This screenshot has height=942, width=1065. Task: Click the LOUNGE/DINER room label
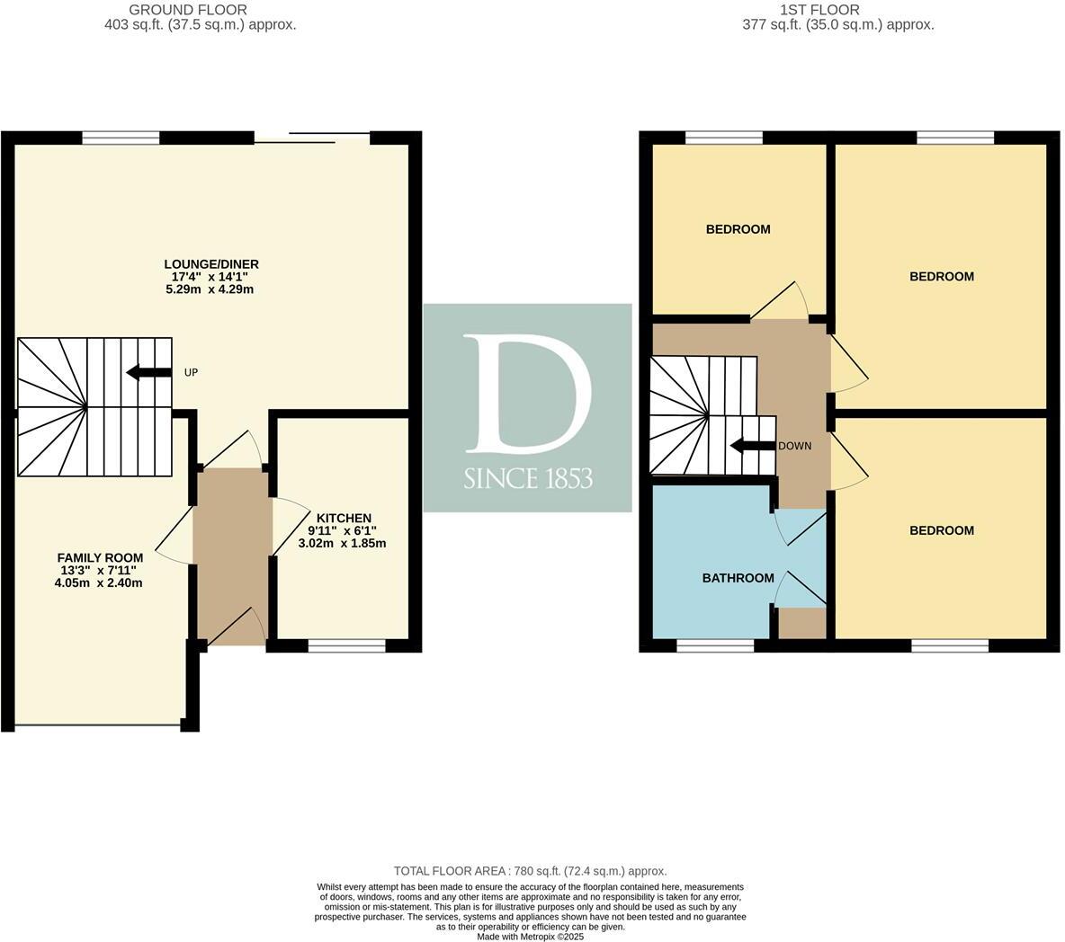coord(211,264)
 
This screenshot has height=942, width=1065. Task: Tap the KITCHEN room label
coord(343,518)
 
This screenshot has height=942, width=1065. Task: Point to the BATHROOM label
coord(738,578)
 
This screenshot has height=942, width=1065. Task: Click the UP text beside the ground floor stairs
coord(191,372)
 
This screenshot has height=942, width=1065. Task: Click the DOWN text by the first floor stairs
coord(794,446)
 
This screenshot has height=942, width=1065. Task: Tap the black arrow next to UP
coord(148,372)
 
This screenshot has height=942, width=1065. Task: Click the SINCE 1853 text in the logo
coord(528,478)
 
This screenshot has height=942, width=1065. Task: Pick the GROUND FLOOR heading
coord(188,10)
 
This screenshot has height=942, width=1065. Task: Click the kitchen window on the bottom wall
coord(346,645)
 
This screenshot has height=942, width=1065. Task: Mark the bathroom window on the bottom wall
coord(715,645)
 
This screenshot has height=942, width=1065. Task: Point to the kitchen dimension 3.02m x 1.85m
coord(343,543)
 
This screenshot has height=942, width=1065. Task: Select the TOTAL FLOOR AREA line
coord(530,871)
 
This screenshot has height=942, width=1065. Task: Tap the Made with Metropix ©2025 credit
coord(530,936)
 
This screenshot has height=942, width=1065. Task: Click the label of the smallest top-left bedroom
coord(738,229)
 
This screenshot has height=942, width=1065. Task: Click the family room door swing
coord(176,538)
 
